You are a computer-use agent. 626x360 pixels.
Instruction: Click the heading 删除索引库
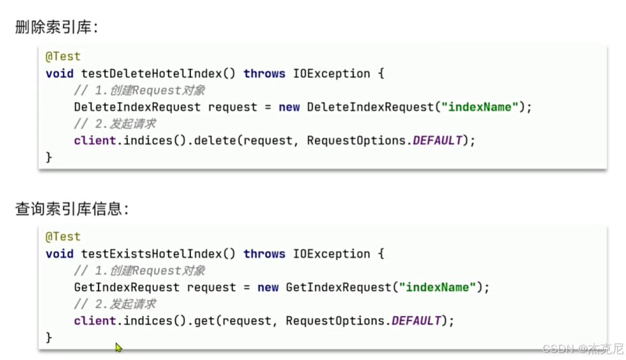[57, 27]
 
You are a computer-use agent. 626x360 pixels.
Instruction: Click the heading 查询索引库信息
[71, 209]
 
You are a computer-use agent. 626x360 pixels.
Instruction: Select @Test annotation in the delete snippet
[63, 56]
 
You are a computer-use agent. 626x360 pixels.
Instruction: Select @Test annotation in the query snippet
[63, 236]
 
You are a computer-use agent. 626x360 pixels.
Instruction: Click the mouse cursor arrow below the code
[118, 347]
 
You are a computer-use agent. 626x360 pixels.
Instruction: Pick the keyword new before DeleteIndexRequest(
[289, 107]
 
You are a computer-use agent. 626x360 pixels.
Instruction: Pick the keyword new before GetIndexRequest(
[268, 287]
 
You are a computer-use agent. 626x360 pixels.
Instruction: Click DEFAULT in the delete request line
[437, 140]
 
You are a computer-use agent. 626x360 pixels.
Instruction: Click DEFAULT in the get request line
[416, 320]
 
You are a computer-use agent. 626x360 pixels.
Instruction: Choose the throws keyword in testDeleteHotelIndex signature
[264, 73]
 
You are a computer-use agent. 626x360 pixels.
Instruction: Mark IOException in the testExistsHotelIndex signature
[331, 254]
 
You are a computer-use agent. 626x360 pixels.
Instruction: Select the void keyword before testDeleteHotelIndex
[59, 73]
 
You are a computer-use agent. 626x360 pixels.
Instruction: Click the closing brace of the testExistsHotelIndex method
[49, 337]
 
